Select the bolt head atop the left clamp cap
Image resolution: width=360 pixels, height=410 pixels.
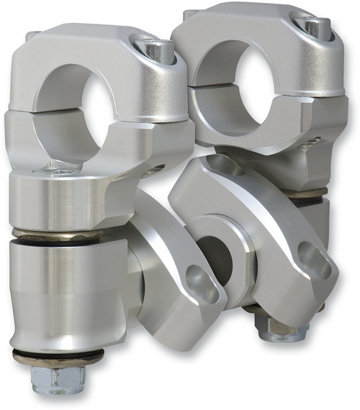tap(159, 50)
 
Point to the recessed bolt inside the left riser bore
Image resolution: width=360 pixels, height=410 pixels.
tap(58, 170)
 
